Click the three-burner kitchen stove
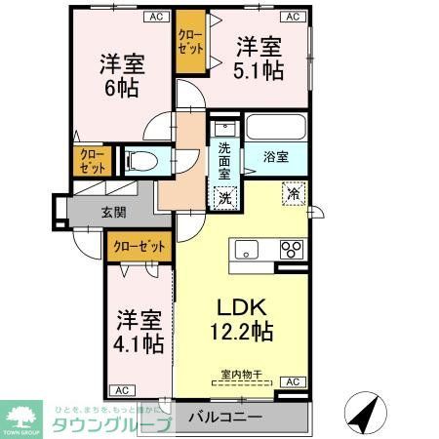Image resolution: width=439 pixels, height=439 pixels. coord(292,251)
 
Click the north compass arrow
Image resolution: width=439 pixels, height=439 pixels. coord(365,411)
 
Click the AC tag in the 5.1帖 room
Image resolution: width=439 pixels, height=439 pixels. coord(292,16)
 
